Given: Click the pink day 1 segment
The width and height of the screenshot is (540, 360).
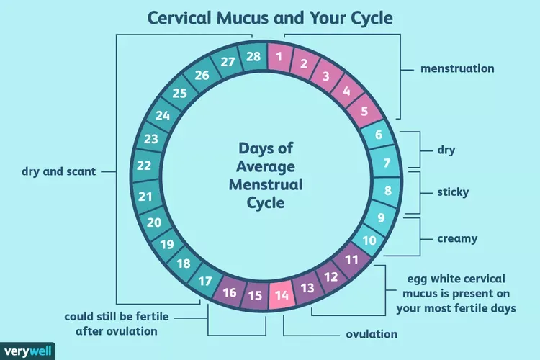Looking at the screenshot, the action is click(279, 57).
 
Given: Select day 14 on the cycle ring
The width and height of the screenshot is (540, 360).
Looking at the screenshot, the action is click(282, 295).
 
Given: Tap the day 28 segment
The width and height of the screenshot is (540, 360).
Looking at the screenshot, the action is click(253, 56).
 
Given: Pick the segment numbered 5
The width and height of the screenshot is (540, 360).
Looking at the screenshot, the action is click(364, 111).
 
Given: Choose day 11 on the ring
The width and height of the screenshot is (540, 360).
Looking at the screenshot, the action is click(351, 259).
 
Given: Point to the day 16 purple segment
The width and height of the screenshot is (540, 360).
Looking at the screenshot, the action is click(230, 292).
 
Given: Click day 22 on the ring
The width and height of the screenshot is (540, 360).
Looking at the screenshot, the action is click(144, 166).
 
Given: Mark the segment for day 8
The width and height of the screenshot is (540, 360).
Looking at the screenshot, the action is click(388, 191).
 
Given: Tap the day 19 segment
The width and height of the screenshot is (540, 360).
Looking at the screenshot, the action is click(167, 244).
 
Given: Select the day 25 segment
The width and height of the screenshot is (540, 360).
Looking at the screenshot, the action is click(179, 93).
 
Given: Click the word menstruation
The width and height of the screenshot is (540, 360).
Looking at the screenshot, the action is click(457, 68).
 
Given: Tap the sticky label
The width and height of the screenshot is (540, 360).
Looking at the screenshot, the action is click(453, 192).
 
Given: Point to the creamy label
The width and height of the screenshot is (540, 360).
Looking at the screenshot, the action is click(457, 238).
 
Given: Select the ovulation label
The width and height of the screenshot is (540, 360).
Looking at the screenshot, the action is click(372, 334).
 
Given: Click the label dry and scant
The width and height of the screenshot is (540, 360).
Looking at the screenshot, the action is click(58, 171).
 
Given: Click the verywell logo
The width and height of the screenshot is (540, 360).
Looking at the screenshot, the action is click(27, 351).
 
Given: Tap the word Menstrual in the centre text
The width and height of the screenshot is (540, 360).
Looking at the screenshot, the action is click(266, 184).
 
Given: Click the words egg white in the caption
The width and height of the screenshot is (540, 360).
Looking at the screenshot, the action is click(431, 279).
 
